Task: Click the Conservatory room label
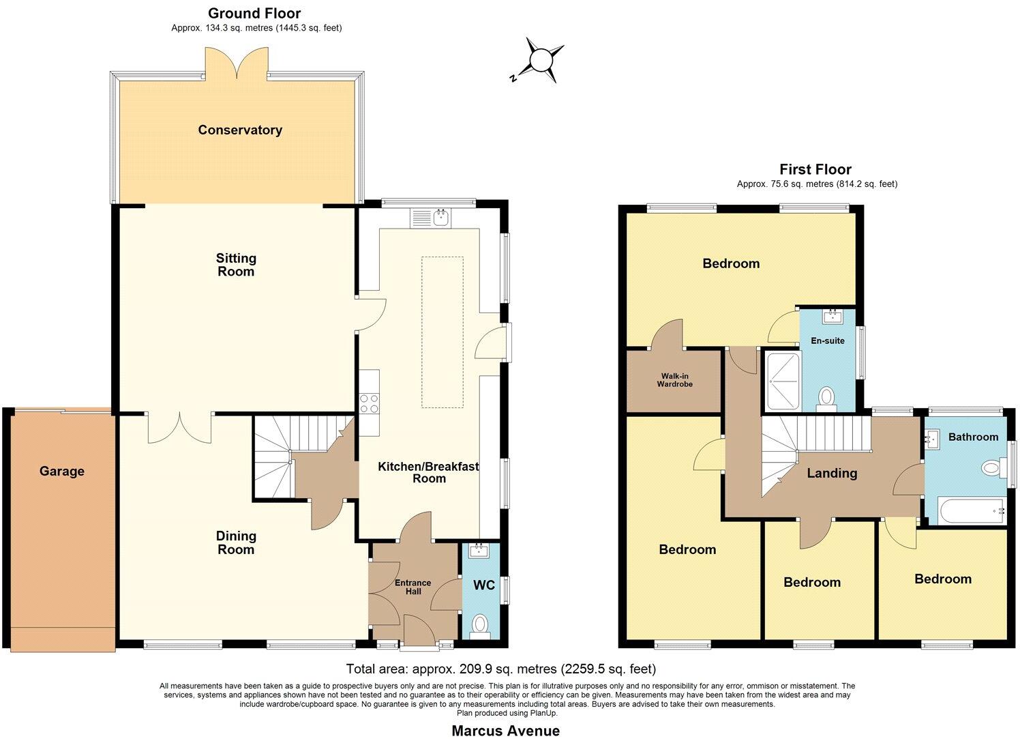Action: click(240, 130)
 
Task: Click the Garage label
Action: click(61, 471)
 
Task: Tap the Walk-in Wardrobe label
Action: click(674, 379)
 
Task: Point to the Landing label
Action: click(832, 473)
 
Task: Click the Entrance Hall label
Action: click(413, 587)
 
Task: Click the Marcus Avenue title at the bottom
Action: click(505, 731)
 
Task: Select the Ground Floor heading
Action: click(254, 13)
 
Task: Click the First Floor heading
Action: click(815, 169)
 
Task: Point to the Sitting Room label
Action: click(236, 265)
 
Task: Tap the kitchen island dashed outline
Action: click(442, 332)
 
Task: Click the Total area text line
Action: click(500, 669)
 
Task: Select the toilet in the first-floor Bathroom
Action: click(993, 468)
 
